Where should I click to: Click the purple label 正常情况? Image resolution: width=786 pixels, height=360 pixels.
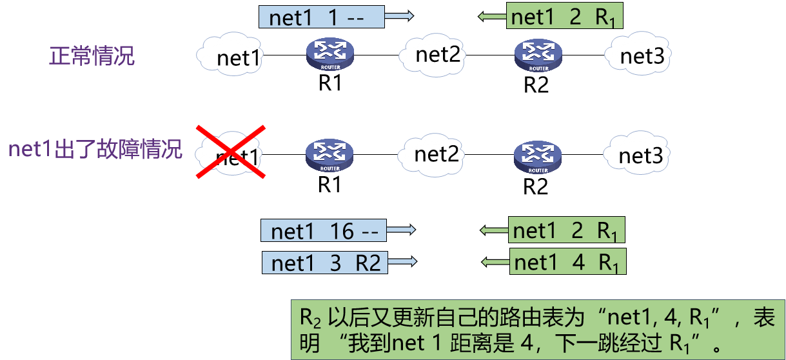point(92,56)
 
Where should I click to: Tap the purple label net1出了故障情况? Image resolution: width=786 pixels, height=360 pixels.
point(95,150)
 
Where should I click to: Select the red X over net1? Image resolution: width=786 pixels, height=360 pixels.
point(230,152)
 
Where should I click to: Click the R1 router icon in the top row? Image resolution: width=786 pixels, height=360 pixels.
point(329,54)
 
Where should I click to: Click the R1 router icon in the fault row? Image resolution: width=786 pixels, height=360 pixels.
point(329,155)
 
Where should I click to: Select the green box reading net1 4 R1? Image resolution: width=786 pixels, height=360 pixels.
point(567,262)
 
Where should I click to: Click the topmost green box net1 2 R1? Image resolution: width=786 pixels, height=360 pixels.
point(565,17)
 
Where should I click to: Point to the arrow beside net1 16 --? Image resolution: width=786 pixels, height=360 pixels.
point(402,230)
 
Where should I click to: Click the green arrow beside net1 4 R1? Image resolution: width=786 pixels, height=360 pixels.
point(495,262)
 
